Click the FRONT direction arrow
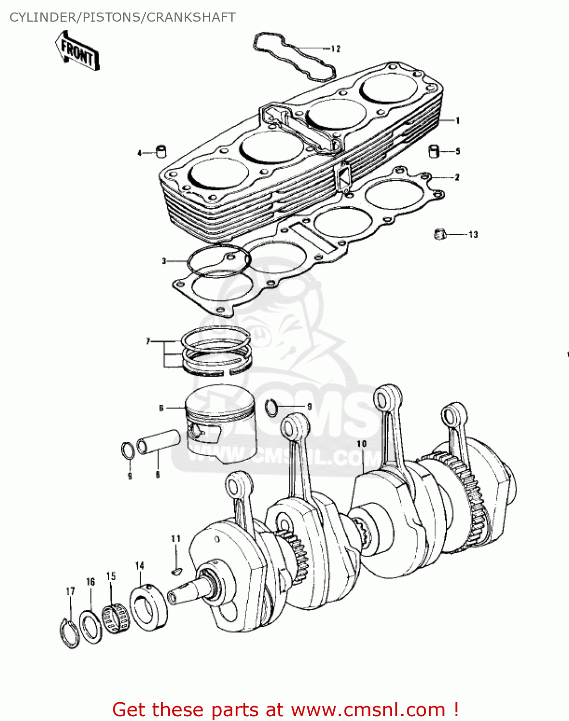(x=77, y=51)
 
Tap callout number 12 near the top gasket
(x=335, y=49)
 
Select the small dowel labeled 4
(x=161, y=151)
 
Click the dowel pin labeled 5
(x=435, y=150)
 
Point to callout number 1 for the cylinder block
(x=457, y=120)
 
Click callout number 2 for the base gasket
(x=457, y=177)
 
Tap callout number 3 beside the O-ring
(x=164, y=261)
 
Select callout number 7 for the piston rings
(x=148, y=341)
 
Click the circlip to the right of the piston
(x=272, y=408)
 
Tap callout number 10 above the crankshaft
(x=362, y=444)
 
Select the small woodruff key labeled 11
(x=176, y=571)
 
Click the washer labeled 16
(x=90, y=627)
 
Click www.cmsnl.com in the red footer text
(x=368, y=709)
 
